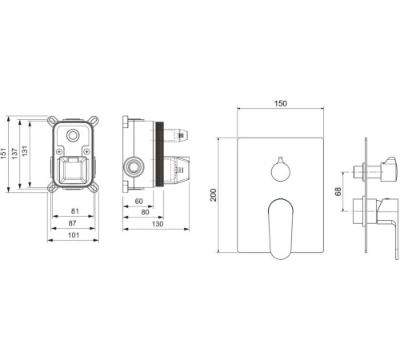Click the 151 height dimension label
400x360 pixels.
pyautogui.click(x=3, y=154)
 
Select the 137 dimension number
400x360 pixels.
pyautogui.click(x=14, y=154)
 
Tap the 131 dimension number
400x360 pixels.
pyautogui.click(x=25, y=151)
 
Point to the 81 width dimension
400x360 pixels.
pyautogui.click(x=75, y=211)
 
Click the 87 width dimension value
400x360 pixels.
pyautogui.click(x=72, y=223)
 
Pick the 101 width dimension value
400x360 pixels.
pyautogui.click(x=74, y=235)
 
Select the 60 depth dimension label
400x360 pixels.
pyautogui.click(x=138, y=202)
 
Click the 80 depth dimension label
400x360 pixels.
pyautogui.click(x=145, y=213)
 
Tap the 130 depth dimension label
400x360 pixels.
pyautogui.click(x=158, y=224)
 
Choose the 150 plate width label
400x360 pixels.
pyautogui.click(x=281, y=103)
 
